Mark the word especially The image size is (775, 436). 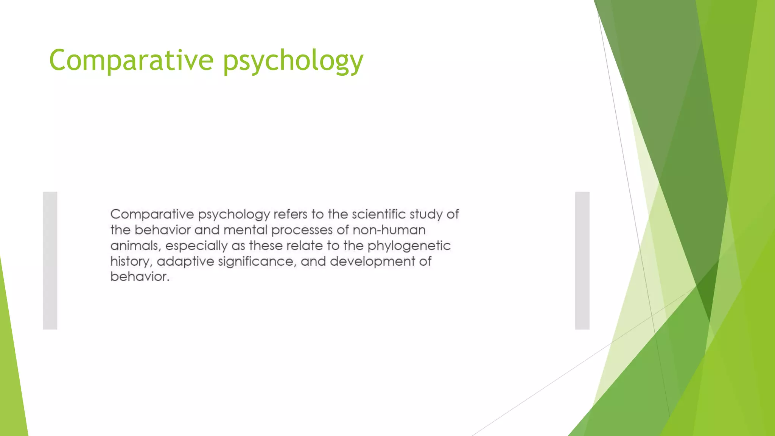(x=196, y=246)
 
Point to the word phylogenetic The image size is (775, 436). (x=409, y=246)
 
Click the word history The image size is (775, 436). (x=131, y=262)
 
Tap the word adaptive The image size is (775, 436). (x=185, y=262)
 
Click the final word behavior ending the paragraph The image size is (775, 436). (x=139, y=277)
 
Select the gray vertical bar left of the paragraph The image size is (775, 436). (x=50, y=260)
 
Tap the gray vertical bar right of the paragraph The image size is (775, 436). (x=582, y=260)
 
